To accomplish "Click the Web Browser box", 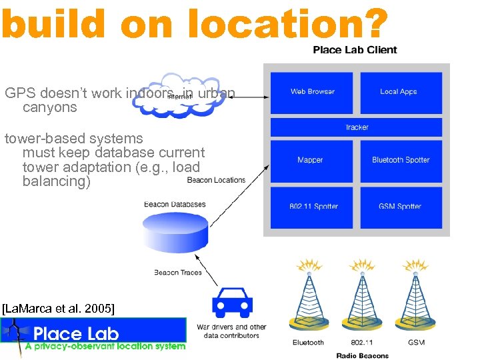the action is click(312, 92).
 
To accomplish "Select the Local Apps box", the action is click(401, 92).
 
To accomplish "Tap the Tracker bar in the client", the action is click(357, 127).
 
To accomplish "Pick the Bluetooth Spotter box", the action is click(401, 160).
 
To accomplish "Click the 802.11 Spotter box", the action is click(312, 207).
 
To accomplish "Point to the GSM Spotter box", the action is click(401, 207).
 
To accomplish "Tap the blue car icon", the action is click(232, 304).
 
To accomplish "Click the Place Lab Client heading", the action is click(355, 49).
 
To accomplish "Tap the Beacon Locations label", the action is click(216, 180).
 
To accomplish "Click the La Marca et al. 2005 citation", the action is click(59, 308).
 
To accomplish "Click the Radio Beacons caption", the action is click(363, 355).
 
